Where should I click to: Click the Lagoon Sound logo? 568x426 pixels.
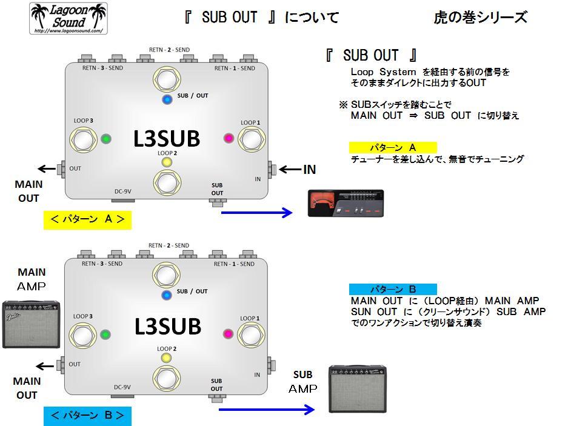68,18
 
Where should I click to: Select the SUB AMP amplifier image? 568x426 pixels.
357,389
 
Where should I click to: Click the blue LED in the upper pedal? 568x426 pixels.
166,99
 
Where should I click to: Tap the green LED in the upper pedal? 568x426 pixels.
106,138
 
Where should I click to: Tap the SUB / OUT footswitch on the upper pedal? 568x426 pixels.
166,79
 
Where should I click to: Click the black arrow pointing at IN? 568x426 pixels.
289,170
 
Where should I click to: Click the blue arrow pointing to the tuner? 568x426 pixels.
257,212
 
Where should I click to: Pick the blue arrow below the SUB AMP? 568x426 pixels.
267,410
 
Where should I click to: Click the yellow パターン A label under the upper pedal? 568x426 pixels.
87,219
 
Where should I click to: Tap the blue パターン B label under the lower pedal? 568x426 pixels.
87,416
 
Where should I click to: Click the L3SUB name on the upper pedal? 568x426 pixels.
167,139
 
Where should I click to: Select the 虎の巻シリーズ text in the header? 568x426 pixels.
481,18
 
